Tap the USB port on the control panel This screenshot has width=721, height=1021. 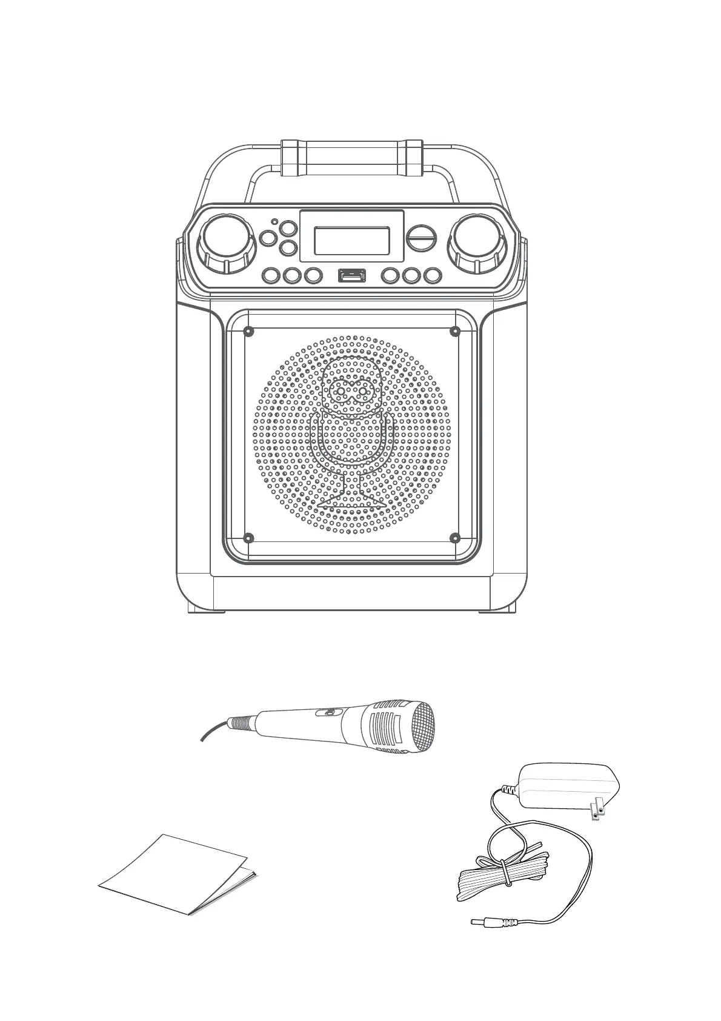coord(352,275)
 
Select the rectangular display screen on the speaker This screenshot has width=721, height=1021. coord(351,241)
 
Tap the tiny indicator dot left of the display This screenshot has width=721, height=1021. coord(274,222)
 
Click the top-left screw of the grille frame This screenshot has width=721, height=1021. coord(248,331)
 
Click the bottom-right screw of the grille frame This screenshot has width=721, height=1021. coord(455,538)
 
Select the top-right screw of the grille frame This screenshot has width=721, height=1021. coord(455,331)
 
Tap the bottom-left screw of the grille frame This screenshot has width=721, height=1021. coord(248,538)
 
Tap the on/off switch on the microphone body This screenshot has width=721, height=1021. coord(328,713)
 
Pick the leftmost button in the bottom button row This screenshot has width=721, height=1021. coord(271,276)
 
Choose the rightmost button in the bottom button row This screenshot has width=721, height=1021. coord(431,276)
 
